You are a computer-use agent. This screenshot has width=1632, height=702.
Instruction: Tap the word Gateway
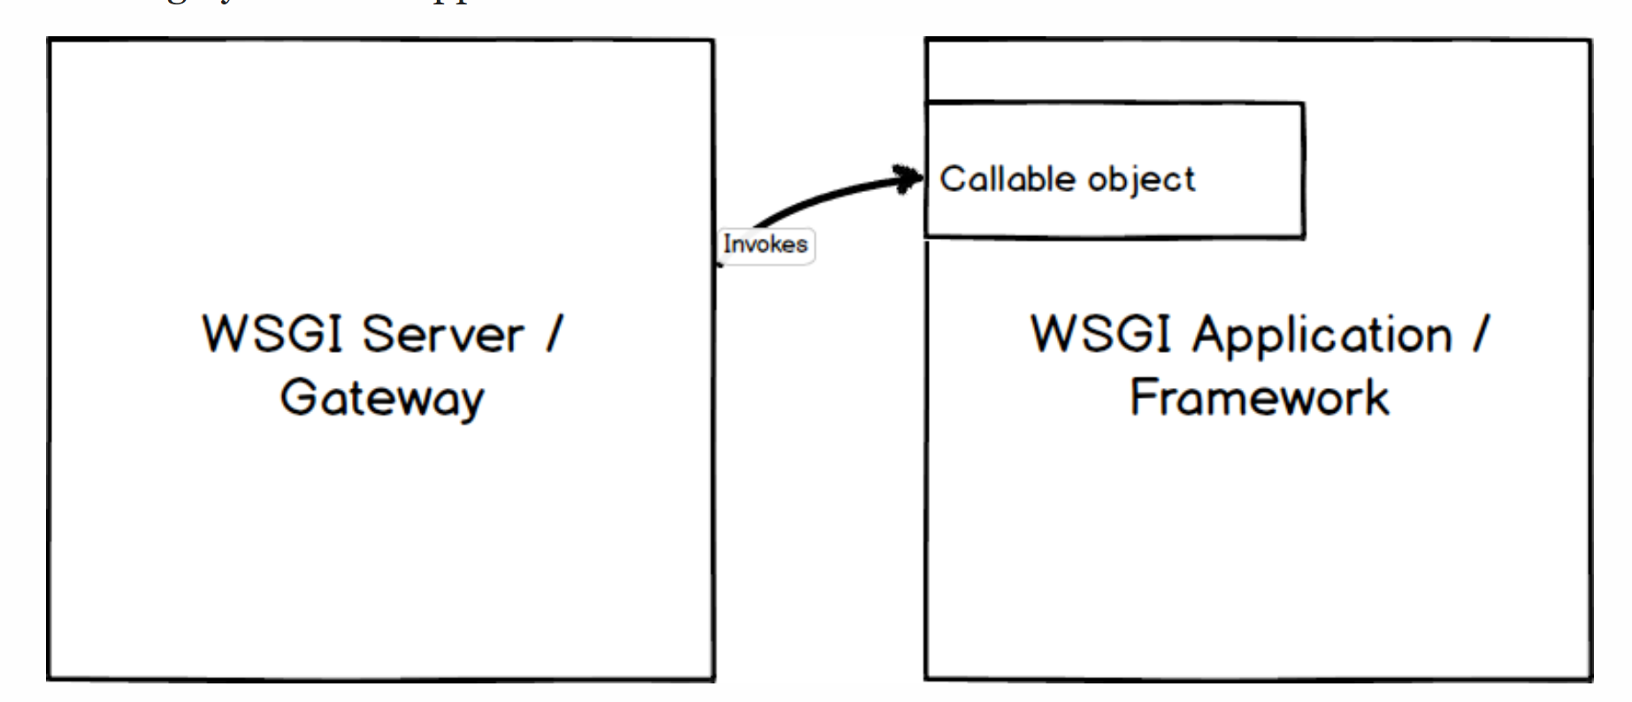382,398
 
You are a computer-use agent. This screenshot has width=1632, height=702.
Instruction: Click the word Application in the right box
1322,336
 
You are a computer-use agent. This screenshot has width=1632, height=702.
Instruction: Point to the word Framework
1260,397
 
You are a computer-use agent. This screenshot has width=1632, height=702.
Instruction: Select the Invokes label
765,244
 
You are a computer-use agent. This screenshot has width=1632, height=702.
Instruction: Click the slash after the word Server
554,335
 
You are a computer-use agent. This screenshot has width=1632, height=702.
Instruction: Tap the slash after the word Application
1480,335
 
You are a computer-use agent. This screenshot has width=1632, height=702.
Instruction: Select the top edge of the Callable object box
1115,103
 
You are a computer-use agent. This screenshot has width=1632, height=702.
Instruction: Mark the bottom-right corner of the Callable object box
1303,236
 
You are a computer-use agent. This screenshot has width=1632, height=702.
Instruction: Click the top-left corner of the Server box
49,40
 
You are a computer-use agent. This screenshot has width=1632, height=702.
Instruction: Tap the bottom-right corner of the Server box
713,679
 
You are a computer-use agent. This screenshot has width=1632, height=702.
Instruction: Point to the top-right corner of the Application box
1590,40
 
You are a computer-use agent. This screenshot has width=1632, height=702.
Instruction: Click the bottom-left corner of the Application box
926,678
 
